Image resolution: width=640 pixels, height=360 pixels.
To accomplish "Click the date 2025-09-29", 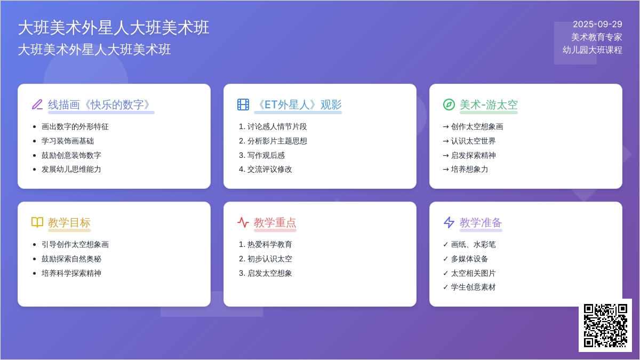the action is pos(597,25).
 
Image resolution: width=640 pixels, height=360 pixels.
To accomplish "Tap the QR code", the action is pos(605,325).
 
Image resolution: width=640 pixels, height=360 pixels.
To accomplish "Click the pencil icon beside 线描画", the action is pos(37,105).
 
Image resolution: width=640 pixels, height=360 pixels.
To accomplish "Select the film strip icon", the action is pos(243,105).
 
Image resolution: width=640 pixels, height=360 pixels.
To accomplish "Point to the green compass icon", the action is pos(449,105).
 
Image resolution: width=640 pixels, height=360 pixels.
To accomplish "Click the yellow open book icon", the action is pos(37,222).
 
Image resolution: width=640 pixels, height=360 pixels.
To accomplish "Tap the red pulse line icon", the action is pos(243,222).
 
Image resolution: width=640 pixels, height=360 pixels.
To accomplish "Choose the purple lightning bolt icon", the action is pos(449,222).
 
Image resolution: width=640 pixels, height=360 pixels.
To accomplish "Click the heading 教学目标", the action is pos(69,222).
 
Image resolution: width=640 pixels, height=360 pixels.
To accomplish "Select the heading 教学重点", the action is pos(275,222).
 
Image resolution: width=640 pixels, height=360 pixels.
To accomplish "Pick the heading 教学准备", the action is pos(481,222).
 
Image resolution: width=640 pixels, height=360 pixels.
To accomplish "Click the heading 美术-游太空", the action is pos(489,105).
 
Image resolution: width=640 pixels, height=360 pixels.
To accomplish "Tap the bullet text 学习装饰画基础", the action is pos(68,141).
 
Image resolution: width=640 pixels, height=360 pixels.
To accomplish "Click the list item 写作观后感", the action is pos(266,155).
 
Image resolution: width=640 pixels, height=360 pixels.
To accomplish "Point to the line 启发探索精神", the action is pos(473,155).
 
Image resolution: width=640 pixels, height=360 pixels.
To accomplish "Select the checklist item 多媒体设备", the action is pos(469,259).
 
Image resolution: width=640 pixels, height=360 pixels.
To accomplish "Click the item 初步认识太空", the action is pos(270,259).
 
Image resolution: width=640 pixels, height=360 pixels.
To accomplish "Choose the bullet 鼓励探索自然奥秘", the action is pos(71,259).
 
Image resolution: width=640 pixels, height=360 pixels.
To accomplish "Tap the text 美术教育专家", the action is pos(597,37).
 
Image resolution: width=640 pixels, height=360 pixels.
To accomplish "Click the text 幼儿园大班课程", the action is pos(593,50).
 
